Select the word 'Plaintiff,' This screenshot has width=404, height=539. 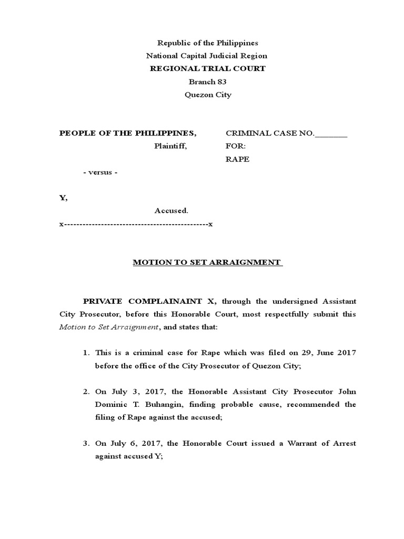170,146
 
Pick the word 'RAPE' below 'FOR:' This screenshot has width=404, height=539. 237,159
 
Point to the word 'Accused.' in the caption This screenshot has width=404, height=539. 171,211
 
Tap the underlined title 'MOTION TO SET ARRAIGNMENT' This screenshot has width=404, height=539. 207,262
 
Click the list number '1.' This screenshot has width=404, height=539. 86,353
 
